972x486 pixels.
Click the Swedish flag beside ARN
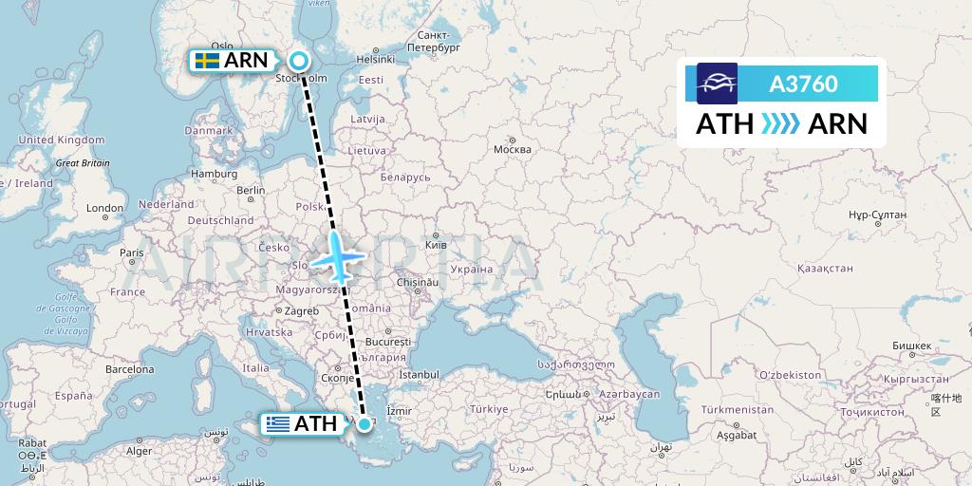tap(206, 61)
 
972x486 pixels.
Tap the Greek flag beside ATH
tap(278, 424)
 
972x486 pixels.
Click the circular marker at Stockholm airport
tap(299, 61)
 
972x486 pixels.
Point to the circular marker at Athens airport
tap(364, 423)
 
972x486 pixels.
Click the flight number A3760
tap(803, 84)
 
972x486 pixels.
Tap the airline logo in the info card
tap(717, 84)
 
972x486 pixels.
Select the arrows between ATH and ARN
tap(780, 124)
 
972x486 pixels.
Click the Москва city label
tap(513, 150)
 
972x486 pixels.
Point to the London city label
tap(104, 208)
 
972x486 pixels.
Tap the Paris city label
tap(131, 252)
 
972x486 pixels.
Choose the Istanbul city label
tap(421, 376)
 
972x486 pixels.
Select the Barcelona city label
tap(128, 368)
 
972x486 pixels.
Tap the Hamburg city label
tap(214, 174)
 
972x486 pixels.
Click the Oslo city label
tap(222, 46)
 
